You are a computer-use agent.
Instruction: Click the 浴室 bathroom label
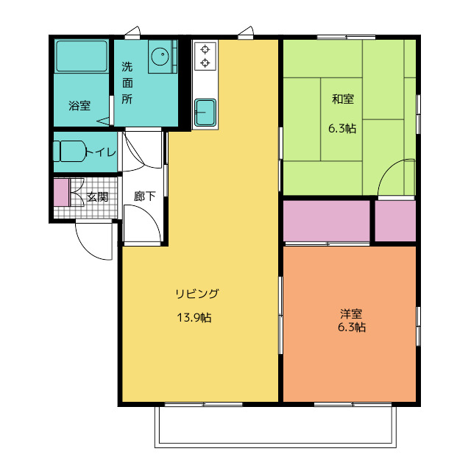[x=79, y=105]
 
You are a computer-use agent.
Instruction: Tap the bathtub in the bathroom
[x=82, y=56]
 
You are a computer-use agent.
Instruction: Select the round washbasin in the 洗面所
[x=160, y=56]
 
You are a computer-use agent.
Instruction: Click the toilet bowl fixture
[x=71, y=151]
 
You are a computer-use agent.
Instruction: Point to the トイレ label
[x=101, y=152]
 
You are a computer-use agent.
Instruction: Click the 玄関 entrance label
[x=97, y=197]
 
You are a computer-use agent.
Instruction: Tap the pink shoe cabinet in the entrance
[x=62, y=193]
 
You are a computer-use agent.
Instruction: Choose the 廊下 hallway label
[x=144, y=196]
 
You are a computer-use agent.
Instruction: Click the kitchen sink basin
[x=205, y=113]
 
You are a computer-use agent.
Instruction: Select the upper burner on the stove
[x=205, y=49]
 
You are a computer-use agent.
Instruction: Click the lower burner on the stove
[x=205, y=63]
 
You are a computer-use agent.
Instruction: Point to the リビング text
[x=197, y=294]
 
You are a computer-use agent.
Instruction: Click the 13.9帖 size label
[x=194, y=317]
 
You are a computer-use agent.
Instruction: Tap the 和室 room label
[x=343, y=99]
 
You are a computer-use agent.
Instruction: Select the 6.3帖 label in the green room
[x=342, y=129]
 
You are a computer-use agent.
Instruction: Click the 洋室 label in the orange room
[x=351, y=314]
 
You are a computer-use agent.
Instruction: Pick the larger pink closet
[x=327, y=221]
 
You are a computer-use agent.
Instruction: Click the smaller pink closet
[x=395, y=221]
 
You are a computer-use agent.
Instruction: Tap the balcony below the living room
[x=275, y=427]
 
